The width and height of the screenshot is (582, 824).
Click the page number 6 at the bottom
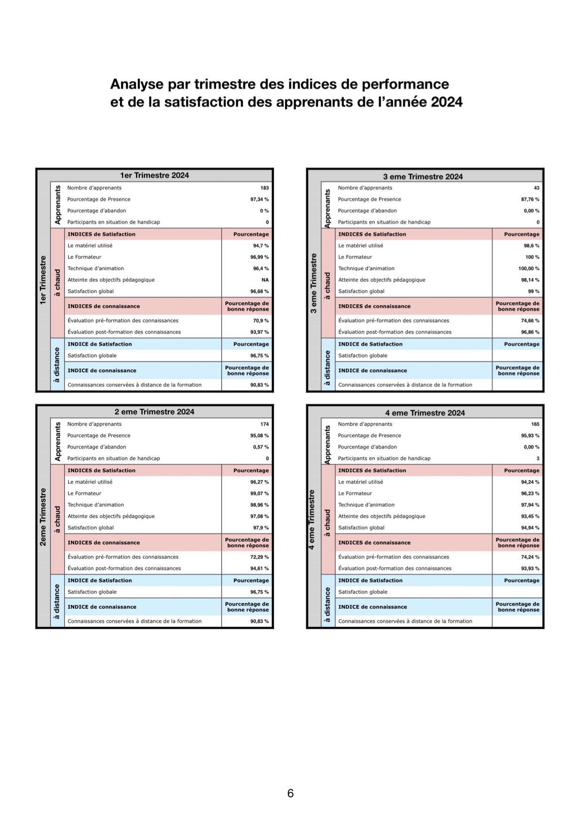pos(290,793)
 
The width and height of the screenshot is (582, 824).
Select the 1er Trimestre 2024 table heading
pos(154,175)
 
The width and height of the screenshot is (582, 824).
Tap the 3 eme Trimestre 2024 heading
pos(423,177)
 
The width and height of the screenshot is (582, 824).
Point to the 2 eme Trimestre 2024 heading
pos(154,412)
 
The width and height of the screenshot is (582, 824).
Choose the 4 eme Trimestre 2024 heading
pos(425,413)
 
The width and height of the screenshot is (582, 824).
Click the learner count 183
pos(264,188)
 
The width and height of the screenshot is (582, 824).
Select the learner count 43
pos(536,188)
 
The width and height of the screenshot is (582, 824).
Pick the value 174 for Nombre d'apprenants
pos(264,424)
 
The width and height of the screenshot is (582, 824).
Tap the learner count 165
pos(535,424)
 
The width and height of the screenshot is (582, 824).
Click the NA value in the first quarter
pos(265,280)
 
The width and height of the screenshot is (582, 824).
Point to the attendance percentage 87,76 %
pos(530,199)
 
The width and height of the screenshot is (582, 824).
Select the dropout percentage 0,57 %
pos(261,447)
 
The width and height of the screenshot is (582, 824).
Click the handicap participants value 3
pos(538,458)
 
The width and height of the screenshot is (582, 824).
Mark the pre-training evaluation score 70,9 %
pos(261,321)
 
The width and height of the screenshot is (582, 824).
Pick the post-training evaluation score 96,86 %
pos(530,332)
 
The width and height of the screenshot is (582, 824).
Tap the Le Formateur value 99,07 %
pos(259,494)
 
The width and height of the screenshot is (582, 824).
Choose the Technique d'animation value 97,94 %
pos(530,505)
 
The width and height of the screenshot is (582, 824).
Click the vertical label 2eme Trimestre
pos(43,517)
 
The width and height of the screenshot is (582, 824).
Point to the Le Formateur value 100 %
pos(532,257)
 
